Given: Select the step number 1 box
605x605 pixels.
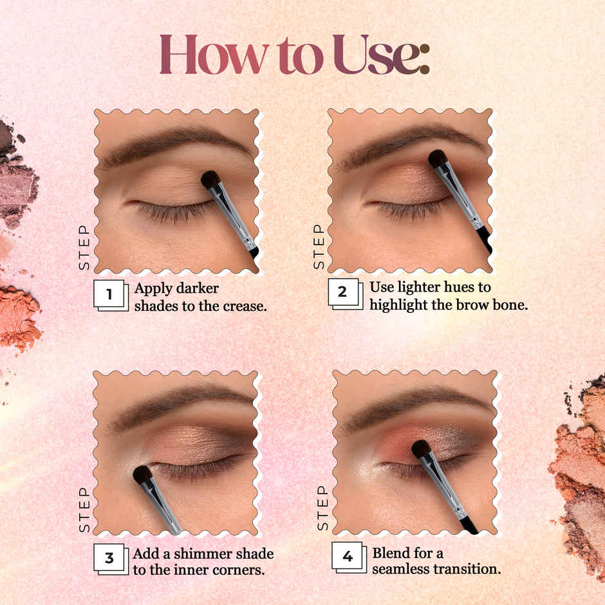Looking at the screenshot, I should point(109,295).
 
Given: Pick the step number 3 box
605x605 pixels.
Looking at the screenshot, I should point(109,557).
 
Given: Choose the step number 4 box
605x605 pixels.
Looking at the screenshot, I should point(348,556).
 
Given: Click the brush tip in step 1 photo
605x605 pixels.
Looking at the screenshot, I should point(210,180).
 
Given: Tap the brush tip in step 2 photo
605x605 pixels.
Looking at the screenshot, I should point(438,158).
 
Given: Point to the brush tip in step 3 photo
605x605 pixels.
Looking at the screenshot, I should point(142,474).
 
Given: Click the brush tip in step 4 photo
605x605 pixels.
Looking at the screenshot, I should point(421,449).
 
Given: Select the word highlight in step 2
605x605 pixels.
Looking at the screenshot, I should point(398,305).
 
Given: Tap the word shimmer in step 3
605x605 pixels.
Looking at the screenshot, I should point(192,554).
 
